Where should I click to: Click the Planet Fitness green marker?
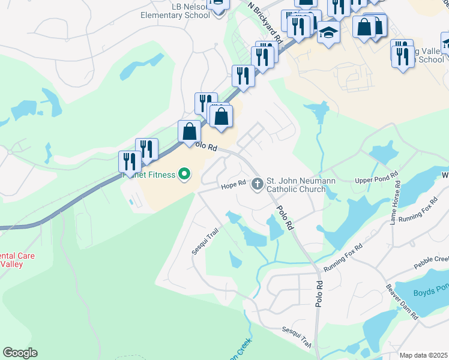(x=184, y=175)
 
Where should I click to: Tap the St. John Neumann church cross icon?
(x=258, y=183)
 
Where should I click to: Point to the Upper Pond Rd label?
(x=377, y=179)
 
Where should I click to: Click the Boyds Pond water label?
(x=430, y=293)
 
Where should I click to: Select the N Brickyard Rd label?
(x=265, y=20)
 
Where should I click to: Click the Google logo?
(x=20, y=353)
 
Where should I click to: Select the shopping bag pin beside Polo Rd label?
(x=190, y=132)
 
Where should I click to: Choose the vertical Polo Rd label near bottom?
(x=319, y=294)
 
